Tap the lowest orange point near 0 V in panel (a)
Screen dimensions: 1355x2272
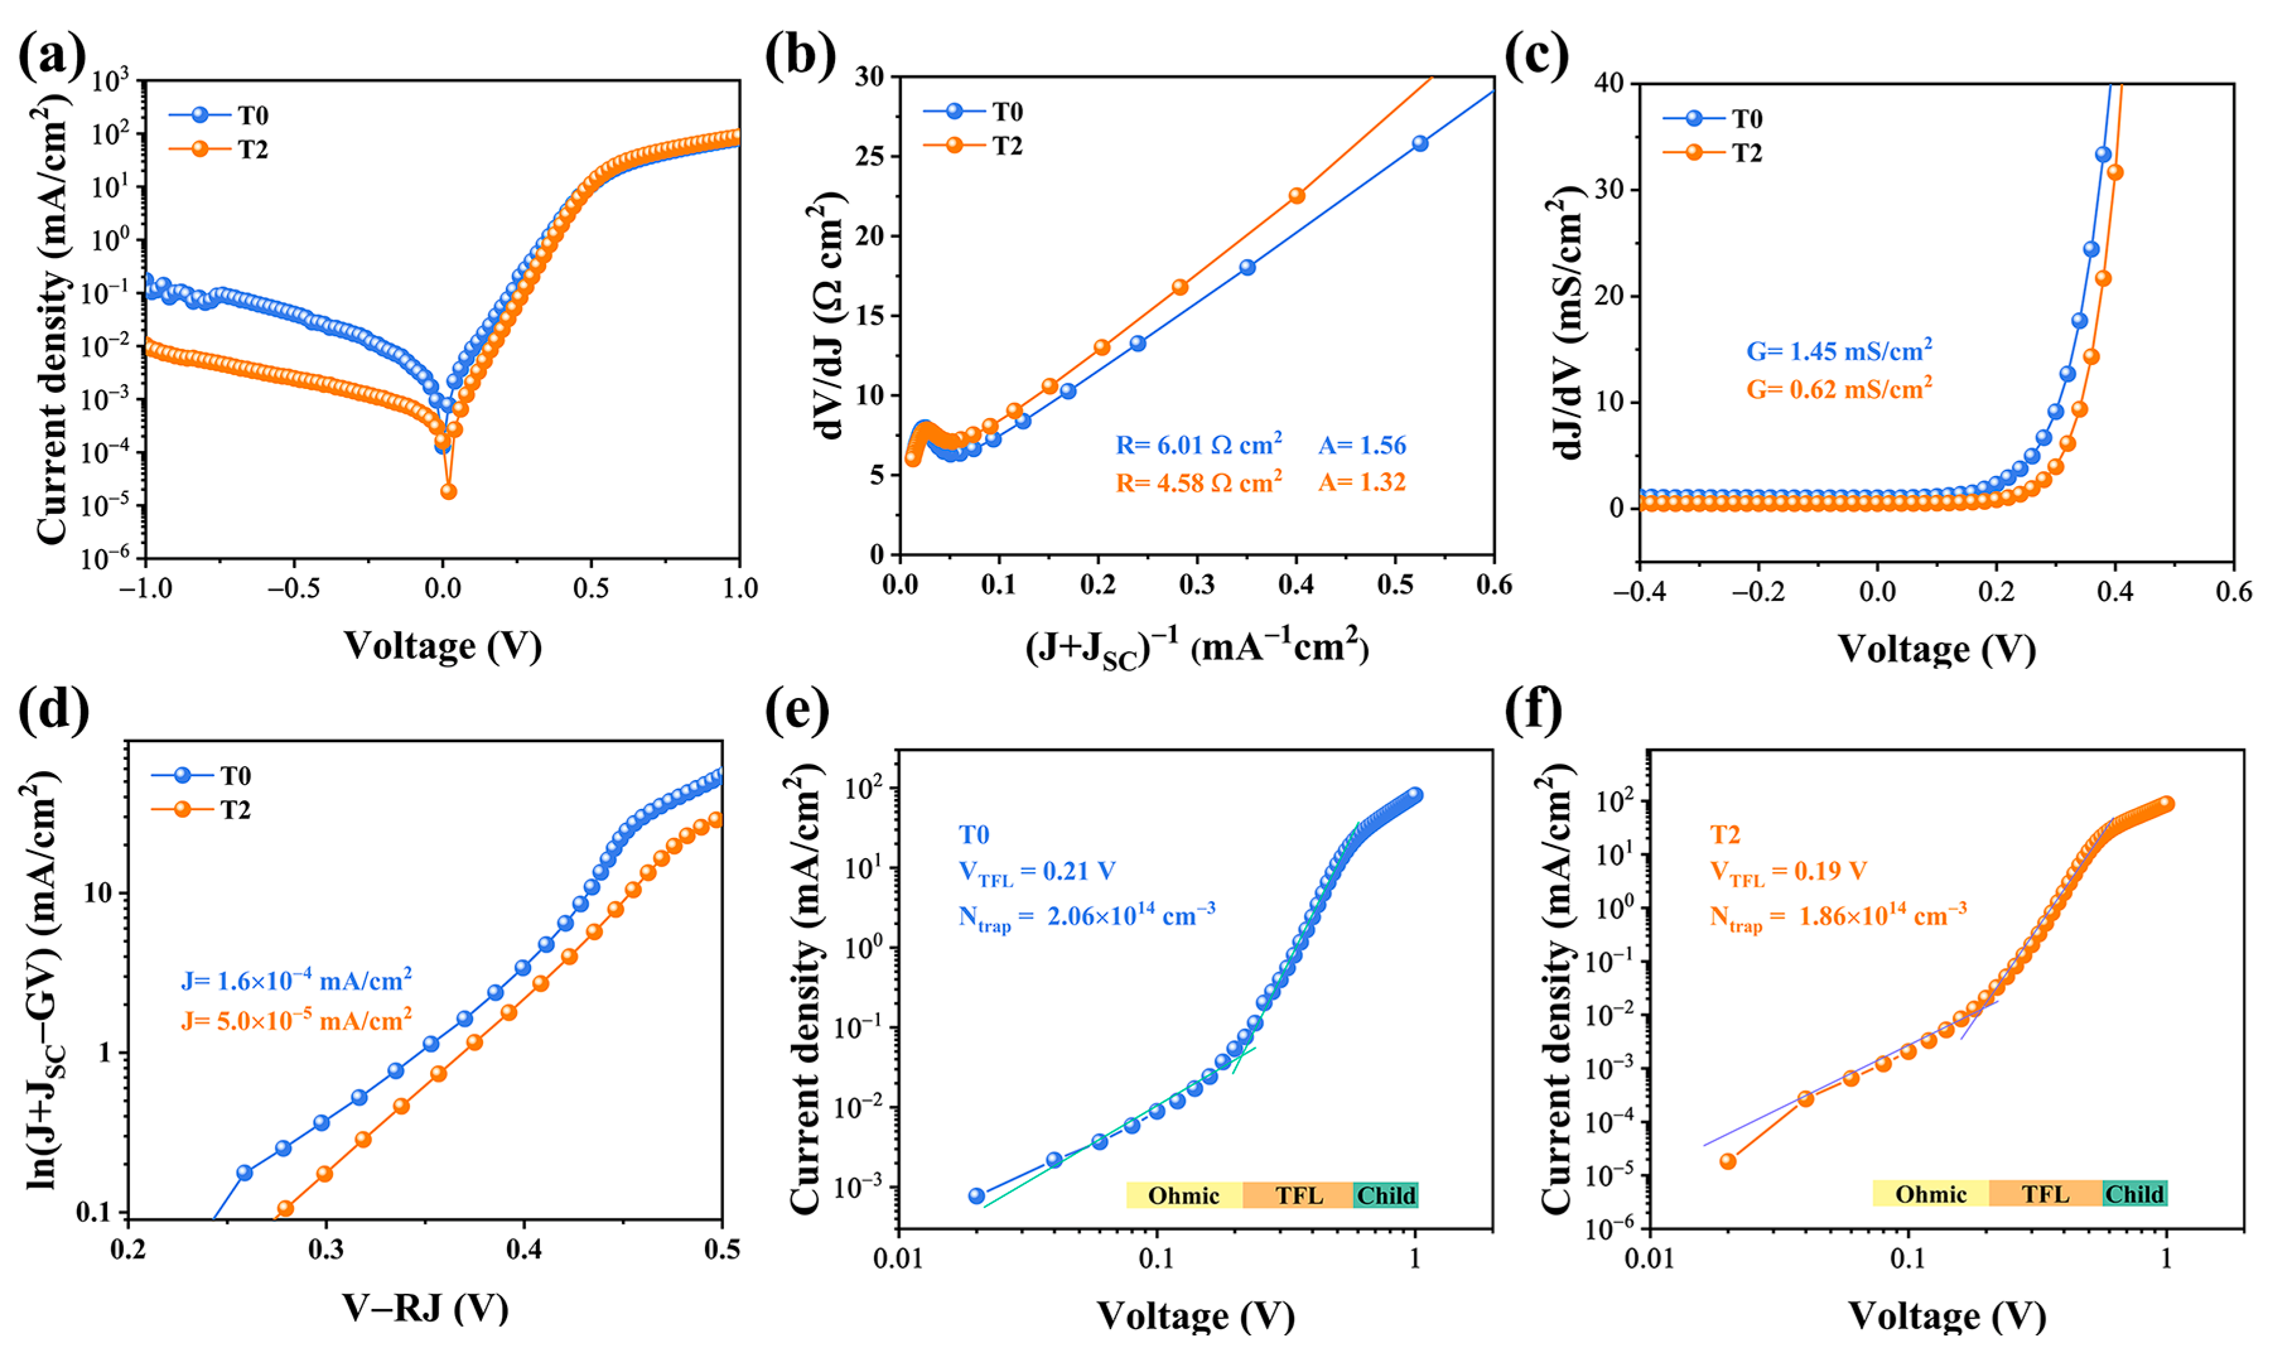tap(448, 491)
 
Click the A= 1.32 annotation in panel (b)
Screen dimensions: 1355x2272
tap(1361, 482)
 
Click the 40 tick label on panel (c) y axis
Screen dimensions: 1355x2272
tap(1610, 83)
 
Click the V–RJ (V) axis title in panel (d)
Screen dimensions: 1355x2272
tap(426, 1308)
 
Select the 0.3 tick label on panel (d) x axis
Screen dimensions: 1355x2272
tap(326, 1249)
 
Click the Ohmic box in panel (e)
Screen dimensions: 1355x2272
tap(1184, 1195)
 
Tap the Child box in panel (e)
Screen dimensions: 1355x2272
tap(1385, 1195)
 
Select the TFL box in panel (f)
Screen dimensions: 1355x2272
tap(2044, 1194)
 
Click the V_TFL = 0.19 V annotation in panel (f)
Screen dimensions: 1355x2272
tap(1788, 872)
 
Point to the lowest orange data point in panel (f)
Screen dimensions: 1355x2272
tap(1727, 1161)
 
